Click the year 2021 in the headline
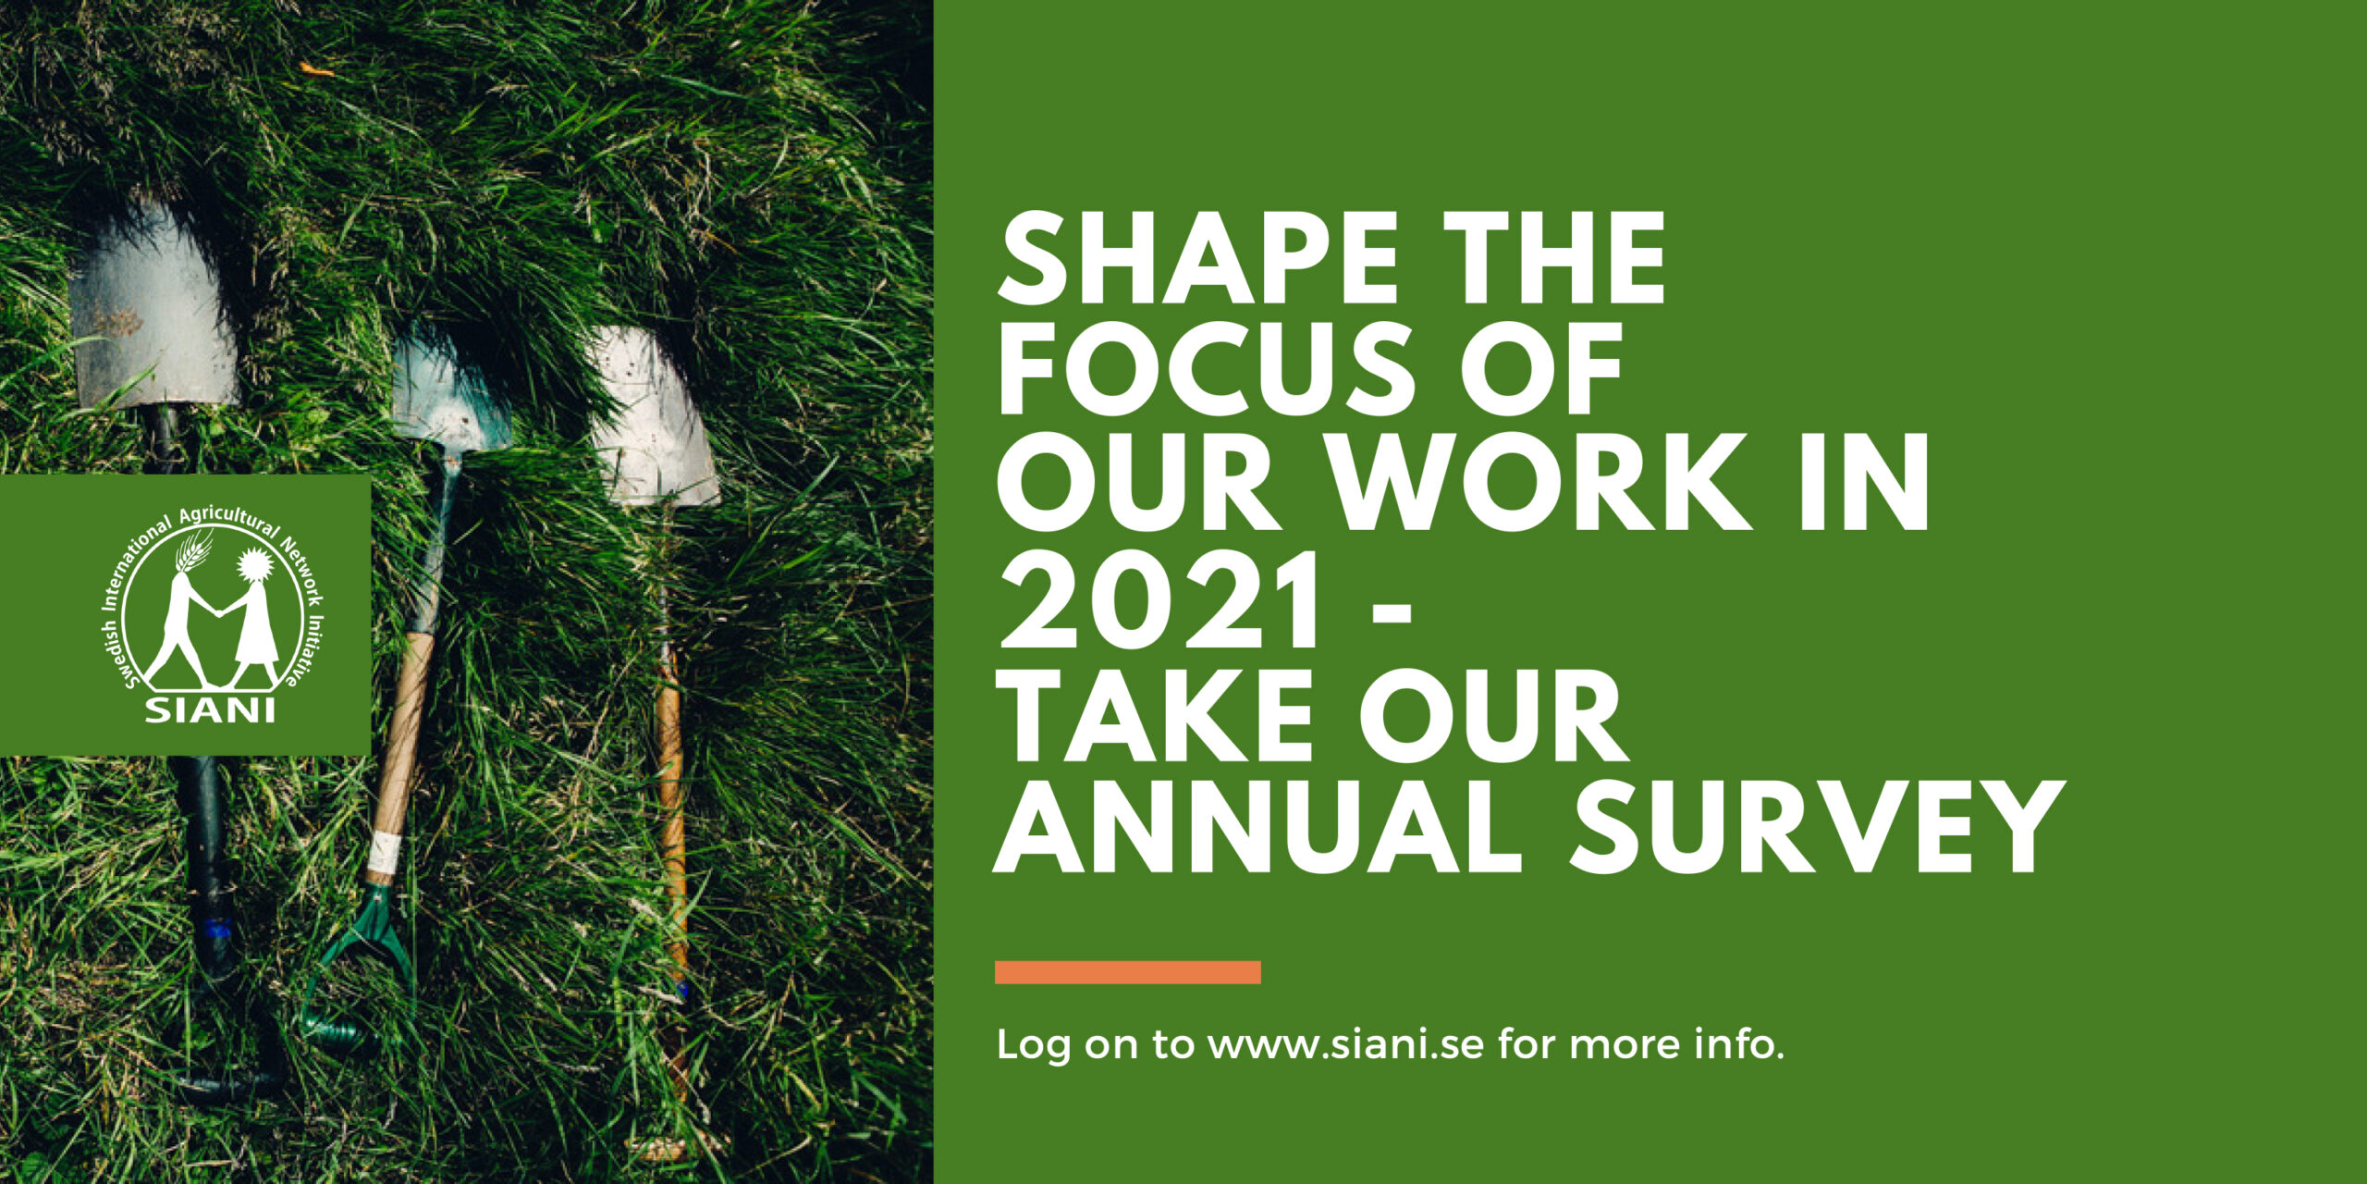point(1159,600)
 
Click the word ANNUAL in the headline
point(1257,827)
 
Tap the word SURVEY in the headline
point(1817,827)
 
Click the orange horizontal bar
point(1128,972)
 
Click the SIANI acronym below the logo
point(210,710)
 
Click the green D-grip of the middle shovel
point(356,962)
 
